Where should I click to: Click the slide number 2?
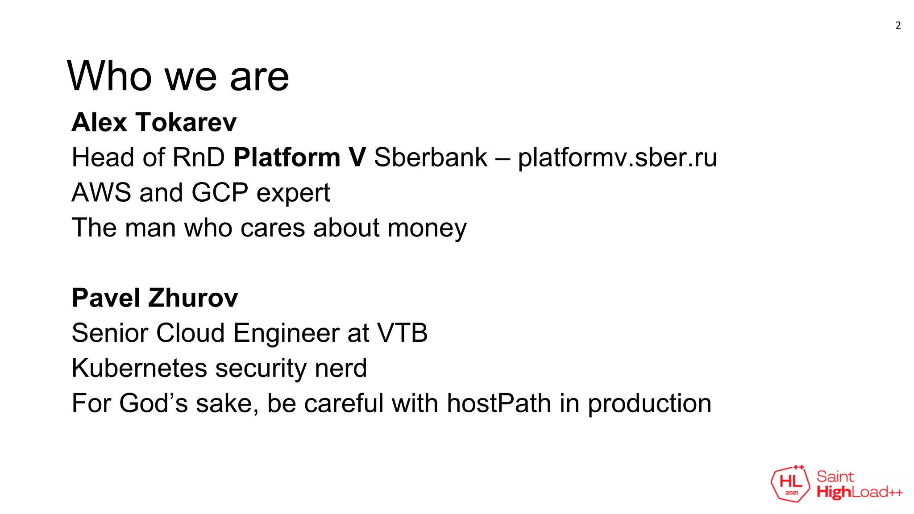[x=898, y=25]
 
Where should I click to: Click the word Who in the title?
[x=109, y=77]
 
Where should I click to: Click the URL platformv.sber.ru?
[x=617, y=158]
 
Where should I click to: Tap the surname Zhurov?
[x=193, y=298]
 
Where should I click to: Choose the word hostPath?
[x=499, y=403]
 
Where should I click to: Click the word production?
[x=649, y=404]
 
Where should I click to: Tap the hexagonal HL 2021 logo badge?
[x=790, y=484]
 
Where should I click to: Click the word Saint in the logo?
[x=835, y=477]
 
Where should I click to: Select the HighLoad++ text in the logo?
[x=859, y=492]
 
